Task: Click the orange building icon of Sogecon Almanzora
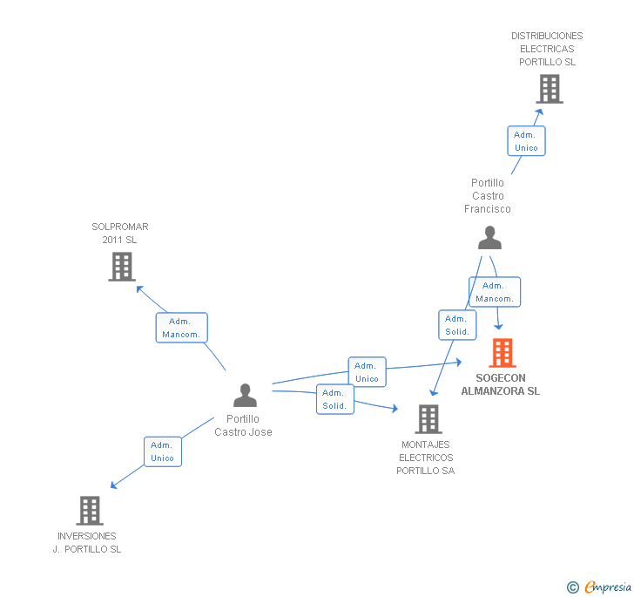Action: (x=502, y=353)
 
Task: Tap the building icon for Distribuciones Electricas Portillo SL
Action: (x=549, y=89)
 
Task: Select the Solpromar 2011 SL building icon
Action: (x=122, y=267)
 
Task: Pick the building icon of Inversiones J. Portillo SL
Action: (x=89, y=511)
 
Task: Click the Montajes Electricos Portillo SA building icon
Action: (x=428, y=419)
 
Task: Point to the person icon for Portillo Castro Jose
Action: (x=246, y=396)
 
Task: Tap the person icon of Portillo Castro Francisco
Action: (x=490, y=238)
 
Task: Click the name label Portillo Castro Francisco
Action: (x=488, y=196)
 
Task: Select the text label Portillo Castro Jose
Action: (x=243, y=425)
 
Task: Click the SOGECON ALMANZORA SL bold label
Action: (x=501, y=384)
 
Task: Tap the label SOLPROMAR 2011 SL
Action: (x=120, y=234)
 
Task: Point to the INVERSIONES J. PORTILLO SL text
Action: (x=87, y=543)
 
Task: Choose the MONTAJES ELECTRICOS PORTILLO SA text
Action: (x=426, y=458)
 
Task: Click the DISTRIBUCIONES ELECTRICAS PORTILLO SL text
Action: (x=547, y=49)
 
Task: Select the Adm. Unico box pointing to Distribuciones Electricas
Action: (x=526, y=141)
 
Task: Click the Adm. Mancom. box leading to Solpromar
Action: (x=181, y=328)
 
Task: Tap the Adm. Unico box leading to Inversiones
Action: (x=163, y=451)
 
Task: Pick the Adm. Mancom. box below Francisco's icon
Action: (x=495, y=292)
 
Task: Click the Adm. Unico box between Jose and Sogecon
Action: (x=367, y=372)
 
